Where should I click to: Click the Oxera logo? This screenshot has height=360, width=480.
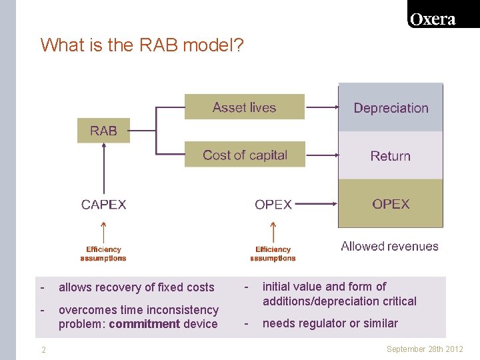pos(433,19)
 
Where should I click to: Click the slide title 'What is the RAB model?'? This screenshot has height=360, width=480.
pos(142,45)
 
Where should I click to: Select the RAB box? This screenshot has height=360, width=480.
pos(103,131)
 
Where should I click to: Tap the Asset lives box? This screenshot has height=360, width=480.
pos(244,107)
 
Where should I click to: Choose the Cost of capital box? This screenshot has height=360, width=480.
pos(245,155)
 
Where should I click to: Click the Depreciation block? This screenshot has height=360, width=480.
pos(391,108)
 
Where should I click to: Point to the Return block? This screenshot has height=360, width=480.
pos(391,155)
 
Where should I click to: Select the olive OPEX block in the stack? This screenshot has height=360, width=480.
pos(391,203)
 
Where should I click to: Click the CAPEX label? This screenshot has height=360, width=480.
pos(103,204)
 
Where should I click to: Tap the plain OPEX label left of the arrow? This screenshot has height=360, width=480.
pos(273,204)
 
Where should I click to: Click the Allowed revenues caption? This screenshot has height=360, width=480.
pos(389,246)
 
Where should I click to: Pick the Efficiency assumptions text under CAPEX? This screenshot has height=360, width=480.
pos(103,254)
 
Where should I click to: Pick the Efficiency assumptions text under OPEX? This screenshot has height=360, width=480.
pos(273,254)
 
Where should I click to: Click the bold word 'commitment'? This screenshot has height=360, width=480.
pos(144,324)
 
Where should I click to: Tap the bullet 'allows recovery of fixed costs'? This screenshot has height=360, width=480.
pos(136,287)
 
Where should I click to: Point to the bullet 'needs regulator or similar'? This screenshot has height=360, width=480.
pos(330,323)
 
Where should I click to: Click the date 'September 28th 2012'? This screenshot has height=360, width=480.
pos(424,349)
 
